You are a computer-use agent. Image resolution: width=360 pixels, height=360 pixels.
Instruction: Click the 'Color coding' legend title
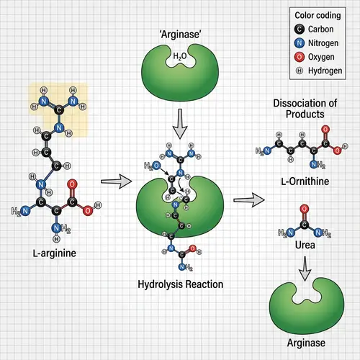(317, 15)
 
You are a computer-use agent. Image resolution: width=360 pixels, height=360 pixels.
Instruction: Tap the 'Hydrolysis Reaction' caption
(180, 284)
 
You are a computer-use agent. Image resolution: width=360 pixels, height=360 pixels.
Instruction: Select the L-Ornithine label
(302, 181)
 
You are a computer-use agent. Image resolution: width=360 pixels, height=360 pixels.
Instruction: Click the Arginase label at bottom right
(302, 343)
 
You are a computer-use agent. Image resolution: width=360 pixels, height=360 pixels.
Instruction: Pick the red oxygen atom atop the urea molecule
(303, 208)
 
